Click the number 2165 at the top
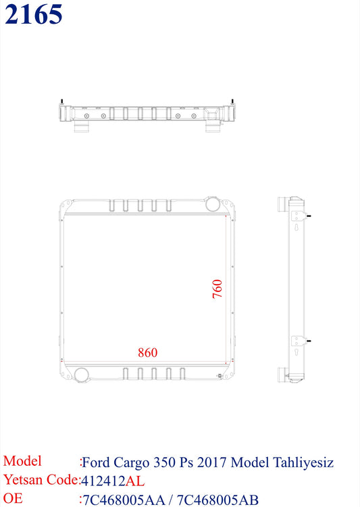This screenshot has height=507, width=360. (34, 14)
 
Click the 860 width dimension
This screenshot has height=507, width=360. (147, 352)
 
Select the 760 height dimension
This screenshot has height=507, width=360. (217, 289)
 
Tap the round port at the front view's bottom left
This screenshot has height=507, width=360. (82, 373)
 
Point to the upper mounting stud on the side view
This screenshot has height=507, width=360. (309, 216)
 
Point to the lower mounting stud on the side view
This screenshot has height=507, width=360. (309, 341)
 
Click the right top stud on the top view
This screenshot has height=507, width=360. (234, 102)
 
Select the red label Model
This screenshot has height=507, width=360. (22, 462)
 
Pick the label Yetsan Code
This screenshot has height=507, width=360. (41, 481)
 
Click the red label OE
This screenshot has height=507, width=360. (14, 499)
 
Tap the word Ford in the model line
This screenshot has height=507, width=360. (96, 462)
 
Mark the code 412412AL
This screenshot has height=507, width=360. (112, 481)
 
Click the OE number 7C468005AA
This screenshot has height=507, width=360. (123, 500)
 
